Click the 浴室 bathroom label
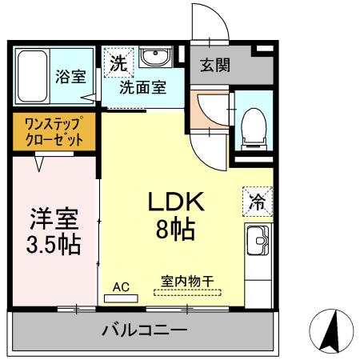70,78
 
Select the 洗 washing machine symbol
118,62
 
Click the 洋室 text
54,218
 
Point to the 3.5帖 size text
54,243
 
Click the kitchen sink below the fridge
258,239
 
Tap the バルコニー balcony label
145,330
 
